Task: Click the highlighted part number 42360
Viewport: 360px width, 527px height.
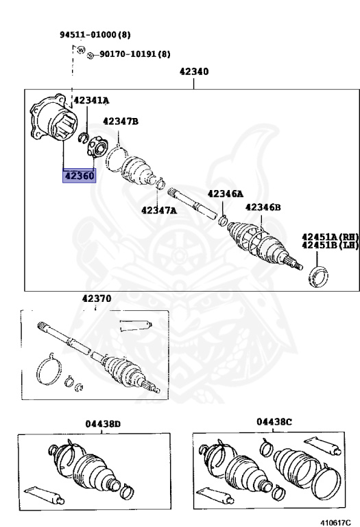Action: point(80,176)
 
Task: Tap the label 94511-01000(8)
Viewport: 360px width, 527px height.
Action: point(95,34)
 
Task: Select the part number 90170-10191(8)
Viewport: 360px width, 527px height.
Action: point(135,54)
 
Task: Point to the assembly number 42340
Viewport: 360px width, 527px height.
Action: point(194,71)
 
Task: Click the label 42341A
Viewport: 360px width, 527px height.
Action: point(91,100)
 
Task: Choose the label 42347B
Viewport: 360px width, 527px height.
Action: point(121,121)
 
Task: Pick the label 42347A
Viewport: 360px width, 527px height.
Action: point(159,211)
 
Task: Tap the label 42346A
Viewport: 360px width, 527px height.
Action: point(226,194)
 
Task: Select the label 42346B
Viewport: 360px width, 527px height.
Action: point(263,207)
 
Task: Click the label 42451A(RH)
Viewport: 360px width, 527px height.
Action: point(330,237)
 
